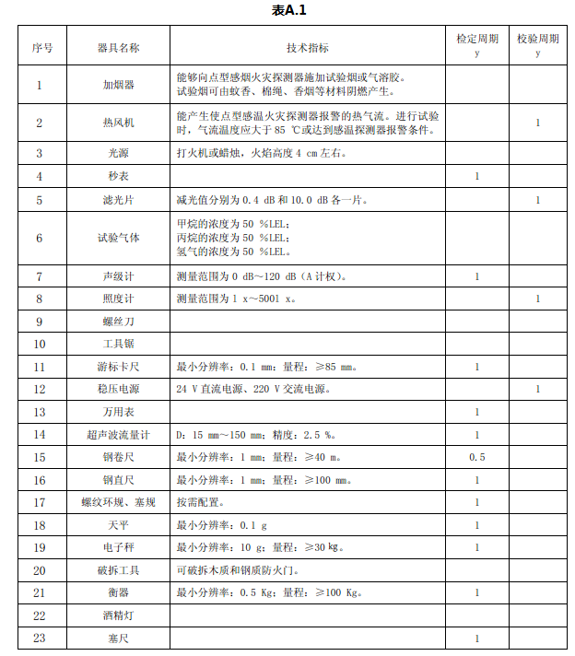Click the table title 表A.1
288,10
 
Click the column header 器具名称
118,47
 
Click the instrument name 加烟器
118,85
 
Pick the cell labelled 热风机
118,123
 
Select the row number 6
40,238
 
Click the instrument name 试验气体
118,238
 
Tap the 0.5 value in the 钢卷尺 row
476,457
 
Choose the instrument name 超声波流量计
118,435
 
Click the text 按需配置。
200,502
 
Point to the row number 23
40,638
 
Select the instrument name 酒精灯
118,615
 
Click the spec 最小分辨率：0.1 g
221,525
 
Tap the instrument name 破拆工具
118,570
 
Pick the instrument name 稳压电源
118,390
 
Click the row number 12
40,390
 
